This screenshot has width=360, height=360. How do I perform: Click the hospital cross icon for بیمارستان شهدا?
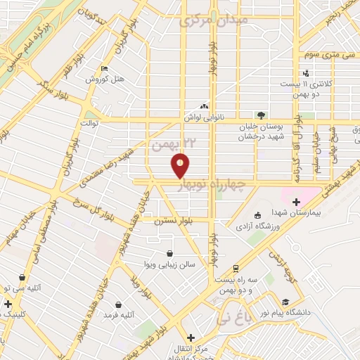pos(296,202)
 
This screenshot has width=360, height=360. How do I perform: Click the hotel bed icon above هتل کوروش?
pos(105,69)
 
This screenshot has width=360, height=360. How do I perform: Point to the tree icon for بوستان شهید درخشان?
pos(261,115)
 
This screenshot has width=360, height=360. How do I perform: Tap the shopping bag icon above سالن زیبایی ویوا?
pos(169,253)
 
